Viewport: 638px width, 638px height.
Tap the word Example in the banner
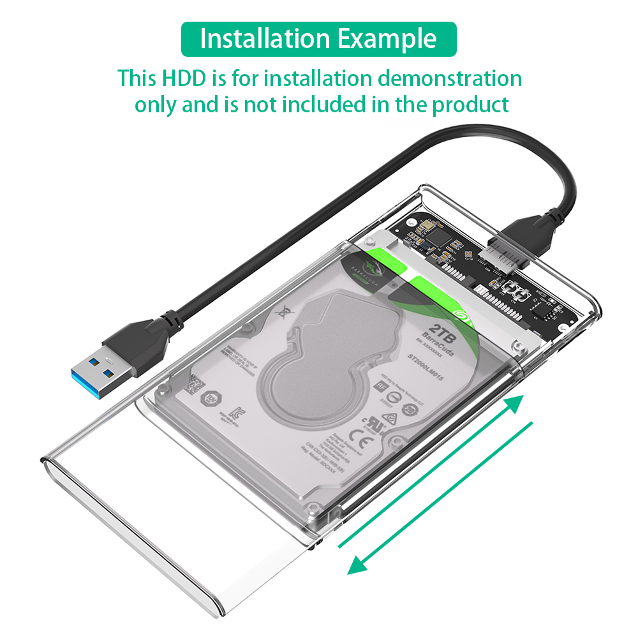point(387,39)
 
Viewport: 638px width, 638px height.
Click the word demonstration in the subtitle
point(450,79)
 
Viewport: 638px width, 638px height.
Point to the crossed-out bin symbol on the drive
point(282,312)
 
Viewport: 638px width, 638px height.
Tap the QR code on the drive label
point(195,385)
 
